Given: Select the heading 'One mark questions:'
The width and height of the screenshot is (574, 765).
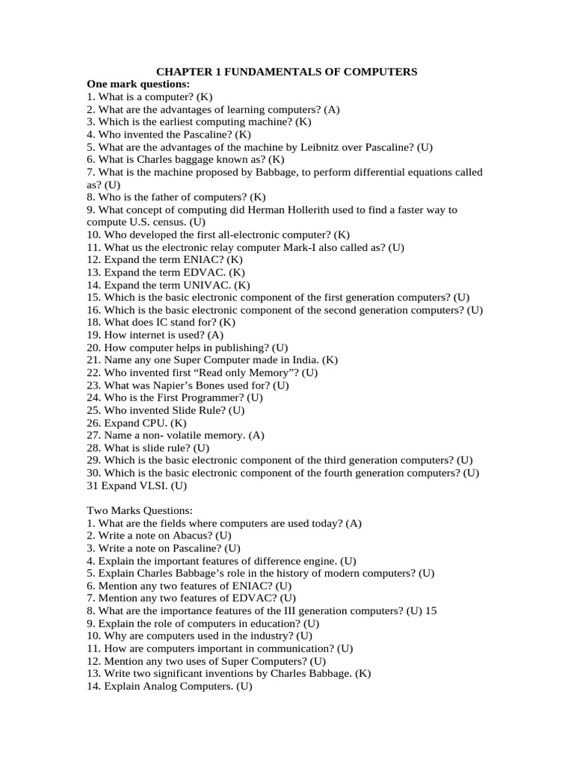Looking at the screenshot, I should [x=138, y=84].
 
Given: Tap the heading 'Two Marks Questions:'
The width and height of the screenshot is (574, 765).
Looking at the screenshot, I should [x=140, y=511].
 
